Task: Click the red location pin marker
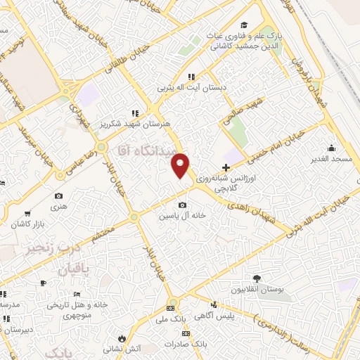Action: pyautogui.click(x=181, y=165)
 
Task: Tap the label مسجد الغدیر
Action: pyautogui.click(x=333, y=160)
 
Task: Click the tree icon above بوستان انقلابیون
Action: pyautogui.click(x=257, y=278)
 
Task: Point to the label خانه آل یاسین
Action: pyautogui.click(x=183, y=217)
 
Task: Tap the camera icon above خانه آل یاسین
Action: pyautogui.click(x=183, y=205)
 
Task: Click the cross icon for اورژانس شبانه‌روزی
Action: pyautogui.click(x=225, y=167)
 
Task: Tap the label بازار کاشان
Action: pyautogui.click(x=25, y=223)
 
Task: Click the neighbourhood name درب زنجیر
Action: pyautogui.click(x=30, y=250)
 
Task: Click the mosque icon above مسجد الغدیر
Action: pyautogui.click(x=332, y=148)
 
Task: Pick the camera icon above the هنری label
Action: pyautogui.click(x=58, y=195)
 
